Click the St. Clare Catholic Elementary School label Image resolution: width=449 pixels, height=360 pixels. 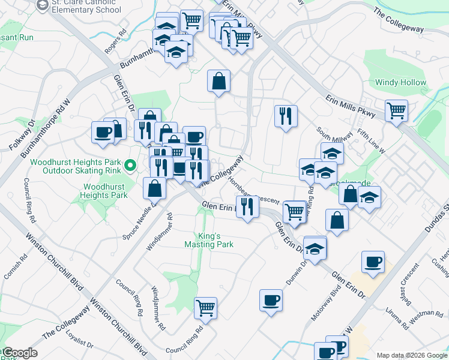[x=86, y=6]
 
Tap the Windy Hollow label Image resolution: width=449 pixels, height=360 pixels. [x=400, y=82]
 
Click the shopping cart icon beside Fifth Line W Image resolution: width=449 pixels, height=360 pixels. [x=396, y=110]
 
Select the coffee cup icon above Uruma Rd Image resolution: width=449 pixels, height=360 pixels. [x=373, y=261]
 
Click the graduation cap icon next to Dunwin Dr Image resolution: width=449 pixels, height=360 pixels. [x=315, y=247]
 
